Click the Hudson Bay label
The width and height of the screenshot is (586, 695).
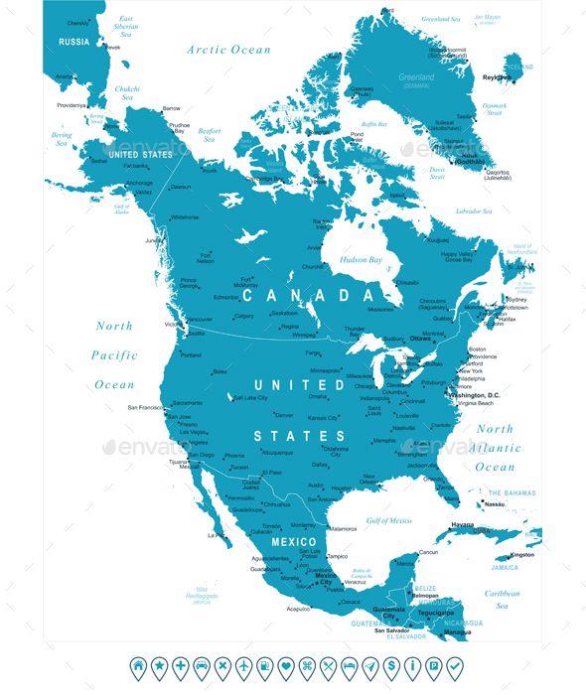(362, 260)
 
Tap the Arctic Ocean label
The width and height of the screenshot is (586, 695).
(228, 49)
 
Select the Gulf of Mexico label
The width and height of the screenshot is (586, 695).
(388, 520)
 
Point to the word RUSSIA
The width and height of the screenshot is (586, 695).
(73, 42)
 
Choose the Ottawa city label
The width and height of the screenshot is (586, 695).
(421, 338)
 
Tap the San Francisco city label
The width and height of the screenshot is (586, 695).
(144, 408)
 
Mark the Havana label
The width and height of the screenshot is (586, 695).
(463, 524)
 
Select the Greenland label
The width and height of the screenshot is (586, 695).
(415, 76)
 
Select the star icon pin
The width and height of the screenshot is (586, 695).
(159, 665)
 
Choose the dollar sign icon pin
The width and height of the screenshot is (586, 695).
(391, 665)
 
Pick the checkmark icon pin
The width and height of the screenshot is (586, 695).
(455, 665)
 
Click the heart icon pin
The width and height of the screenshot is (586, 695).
(286, 665)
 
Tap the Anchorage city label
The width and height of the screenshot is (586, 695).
(139, 183)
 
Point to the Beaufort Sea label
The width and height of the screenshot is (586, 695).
(210, 135)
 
